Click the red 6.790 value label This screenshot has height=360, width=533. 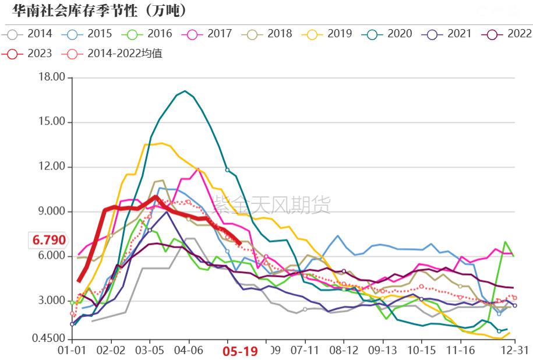(x=49, y=240)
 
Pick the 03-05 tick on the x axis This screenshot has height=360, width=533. (x=150, y=351)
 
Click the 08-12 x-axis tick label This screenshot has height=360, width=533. (x=344, y=351)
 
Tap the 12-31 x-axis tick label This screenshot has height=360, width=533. (x=515, y=351)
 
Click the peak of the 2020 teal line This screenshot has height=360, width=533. (x=185, y=91)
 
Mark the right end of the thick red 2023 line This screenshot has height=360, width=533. (x=241, y=243)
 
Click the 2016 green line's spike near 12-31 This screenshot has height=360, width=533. (x=505, y=242)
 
